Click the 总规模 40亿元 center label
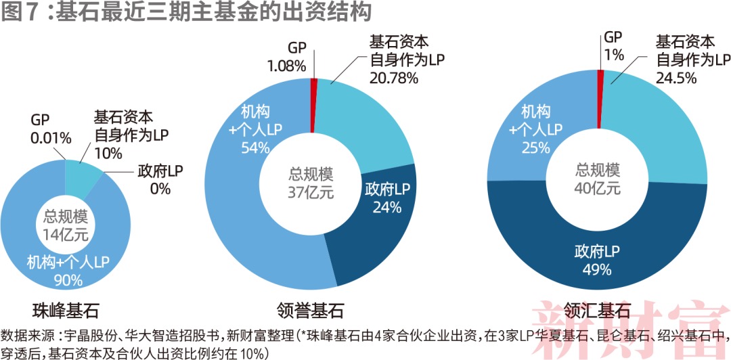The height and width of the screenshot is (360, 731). click(x=598, y=178)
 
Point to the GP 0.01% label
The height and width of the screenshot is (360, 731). click(x=51, y=129)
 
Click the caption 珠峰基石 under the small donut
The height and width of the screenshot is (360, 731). click(x=66, y=311)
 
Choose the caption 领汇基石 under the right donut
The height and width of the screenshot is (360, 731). click(x=598, y=311)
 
